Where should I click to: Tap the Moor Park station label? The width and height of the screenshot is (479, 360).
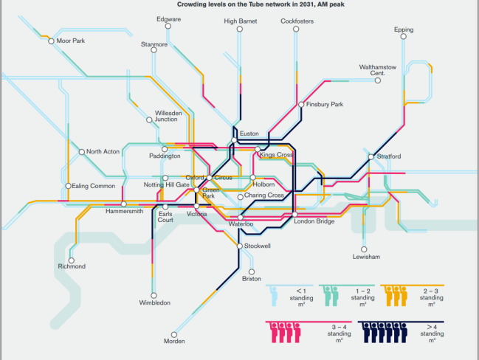tap(70, 41)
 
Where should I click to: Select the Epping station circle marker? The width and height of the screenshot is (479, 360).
tap(404, 39)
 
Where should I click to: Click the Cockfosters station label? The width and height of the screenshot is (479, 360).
tap(298, 21)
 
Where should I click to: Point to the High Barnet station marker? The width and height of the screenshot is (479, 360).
tap(240, 30)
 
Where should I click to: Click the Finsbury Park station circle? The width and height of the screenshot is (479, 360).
tap(301, 105)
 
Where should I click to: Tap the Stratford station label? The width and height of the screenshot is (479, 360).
tap(389, 156)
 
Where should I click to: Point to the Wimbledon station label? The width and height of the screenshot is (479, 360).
tap(155, 303)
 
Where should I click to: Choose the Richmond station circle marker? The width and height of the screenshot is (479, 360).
tap(72, 260)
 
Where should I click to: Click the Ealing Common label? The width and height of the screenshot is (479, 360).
tap(93, 186)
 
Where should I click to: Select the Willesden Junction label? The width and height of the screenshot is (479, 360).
tap(166, 116)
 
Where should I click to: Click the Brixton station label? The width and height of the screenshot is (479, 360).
tap(252, 278)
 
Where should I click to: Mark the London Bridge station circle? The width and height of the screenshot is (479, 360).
tap(294, 214)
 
